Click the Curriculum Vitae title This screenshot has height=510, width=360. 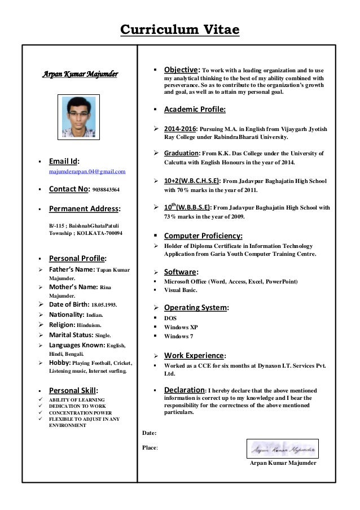(180, 29)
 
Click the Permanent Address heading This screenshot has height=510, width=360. (84, 208)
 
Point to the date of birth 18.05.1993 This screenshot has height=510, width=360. (102, 305)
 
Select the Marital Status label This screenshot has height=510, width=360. (71, 335)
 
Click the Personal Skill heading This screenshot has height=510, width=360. (73, 390)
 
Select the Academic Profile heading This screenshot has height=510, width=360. (195, 109)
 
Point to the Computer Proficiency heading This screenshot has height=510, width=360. (203, 236)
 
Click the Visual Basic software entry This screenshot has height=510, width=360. (181, 290)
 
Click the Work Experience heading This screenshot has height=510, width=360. (194, 355)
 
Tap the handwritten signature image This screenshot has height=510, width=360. (283, 449)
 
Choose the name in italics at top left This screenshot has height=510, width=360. (81, 74)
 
